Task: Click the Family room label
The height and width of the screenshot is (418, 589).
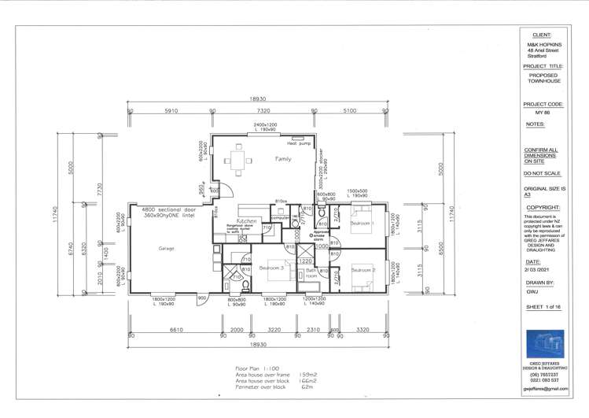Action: tap(283, 159)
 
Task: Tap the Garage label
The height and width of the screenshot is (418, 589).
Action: tap(166, 248)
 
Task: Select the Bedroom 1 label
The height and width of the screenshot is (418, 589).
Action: tap(363, 224)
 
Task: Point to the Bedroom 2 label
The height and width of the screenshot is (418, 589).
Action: tap(363, 270)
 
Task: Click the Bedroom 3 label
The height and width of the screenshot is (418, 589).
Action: tap(271, 268)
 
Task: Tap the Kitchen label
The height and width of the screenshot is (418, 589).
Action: tap(245, 222)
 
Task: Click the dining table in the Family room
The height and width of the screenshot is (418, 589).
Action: tap(237, 163)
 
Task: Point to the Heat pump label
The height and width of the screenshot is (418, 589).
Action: tap(297, 143)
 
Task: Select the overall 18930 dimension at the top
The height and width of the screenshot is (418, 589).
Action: tap(257, 98)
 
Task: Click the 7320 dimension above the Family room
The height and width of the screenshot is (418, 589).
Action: tap(263, 112)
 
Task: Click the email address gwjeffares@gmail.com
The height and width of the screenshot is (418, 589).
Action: tap(545, 389)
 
